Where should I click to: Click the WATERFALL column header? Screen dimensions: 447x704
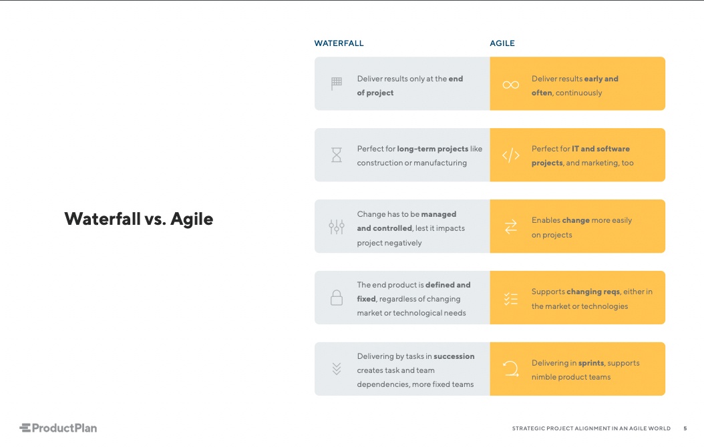click(339, 43)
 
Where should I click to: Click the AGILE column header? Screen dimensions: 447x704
click(502, 43)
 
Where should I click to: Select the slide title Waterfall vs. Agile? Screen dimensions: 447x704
click(138, 219)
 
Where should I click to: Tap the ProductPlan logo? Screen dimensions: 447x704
click(58, 428)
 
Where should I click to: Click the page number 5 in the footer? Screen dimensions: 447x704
click(685, 428)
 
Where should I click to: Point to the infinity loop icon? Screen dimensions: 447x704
click(511, 85)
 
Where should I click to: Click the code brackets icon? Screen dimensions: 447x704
click(511, 156)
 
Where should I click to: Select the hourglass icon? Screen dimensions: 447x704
click(337, 155)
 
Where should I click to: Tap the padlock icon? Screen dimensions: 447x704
click(337, 298)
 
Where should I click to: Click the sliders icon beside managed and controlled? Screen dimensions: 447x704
click(337, 227)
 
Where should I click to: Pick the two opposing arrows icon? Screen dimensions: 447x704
click(511, 228)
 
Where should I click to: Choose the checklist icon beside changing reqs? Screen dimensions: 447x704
click(511, 299)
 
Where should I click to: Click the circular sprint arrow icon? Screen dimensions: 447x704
click(511, 369)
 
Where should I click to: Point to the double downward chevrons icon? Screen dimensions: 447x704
click(337, 369)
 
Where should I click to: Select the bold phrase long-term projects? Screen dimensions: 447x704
click(432, 149)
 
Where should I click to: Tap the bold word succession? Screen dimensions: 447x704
click(454, 356)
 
